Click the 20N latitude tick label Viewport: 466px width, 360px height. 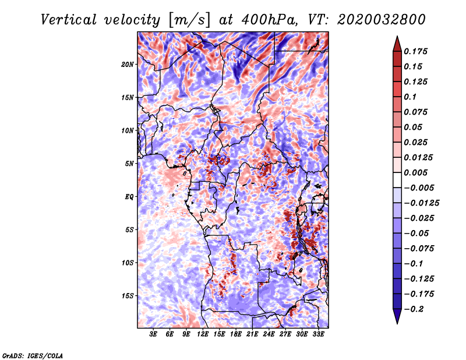click(127, 65)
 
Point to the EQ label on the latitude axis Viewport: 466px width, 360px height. click(129, 197)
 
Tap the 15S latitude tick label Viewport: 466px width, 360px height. click(127, 296)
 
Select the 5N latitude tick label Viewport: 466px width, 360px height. click(129, 164)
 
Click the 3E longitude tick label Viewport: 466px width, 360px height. click(153, 334)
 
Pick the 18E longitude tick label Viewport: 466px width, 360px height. click(236, 334)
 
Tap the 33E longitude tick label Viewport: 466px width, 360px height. click(318, 334)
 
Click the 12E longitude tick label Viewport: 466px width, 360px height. click(203, 334)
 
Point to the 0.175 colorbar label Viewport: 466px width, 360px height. click(415, 52)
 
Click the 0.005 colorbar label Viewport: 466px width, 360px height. click(415, 172)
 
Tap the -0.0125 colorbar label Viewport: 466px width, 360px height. click(421, 203)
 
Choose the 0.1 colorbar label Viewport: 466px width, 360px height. click(410, 97)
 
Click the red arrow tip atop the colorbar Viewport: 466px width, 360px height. click(397, 37)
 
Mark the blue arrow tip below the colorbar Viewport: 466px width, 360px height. click(397, 323)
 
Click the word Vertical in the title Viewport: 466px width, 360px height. click(69, 20)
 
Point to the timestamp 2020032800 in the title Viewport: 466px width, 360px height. click(382, 20)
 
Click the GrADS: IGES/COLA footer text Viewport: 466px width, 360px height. click(33, 355)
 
